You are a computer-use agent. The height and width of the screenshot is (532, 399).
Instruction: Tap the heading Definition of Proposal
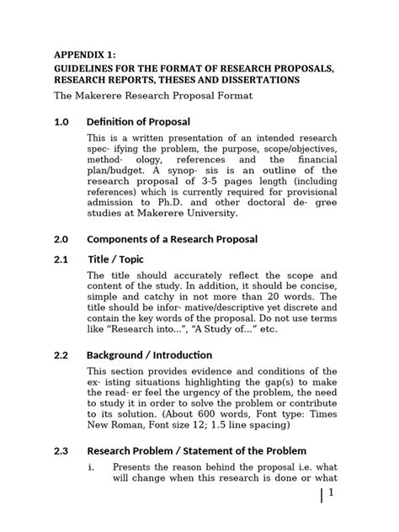click(x=138, y=122)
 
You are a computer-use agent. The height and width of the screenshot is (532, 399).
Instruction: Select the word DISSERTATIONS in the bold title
click(x=249, y=80)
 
